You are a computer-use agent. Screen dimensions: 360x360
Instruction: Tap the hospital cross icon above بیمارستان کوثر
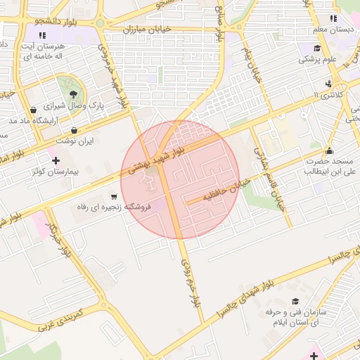coord(56,161)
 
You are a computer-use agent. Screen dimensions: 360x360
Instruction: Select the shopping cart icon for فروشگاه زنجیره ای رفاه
coord(114,197)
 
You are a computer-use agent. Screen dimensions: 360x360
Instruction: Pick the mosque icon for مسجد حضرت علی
coord(329,150)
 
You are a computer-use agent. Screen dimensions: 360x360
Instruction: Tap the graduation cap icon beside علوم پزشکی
coord(317,49)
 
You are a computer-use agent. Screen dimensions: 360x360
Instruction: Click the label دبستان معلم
coord(334,30)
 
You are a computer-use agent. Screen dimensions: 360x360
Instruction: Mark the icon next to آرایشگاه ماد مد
coord(33,110)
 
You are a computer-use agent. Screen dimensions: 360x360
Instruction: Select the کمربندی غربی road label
coord(60,319)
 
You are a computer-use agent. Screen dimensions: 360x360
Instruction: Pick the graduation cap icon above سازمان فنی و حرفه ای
coord(293,300)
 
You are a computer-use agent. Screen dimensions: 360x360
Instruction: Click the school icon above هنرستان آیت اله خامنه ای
coord(43,34)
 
